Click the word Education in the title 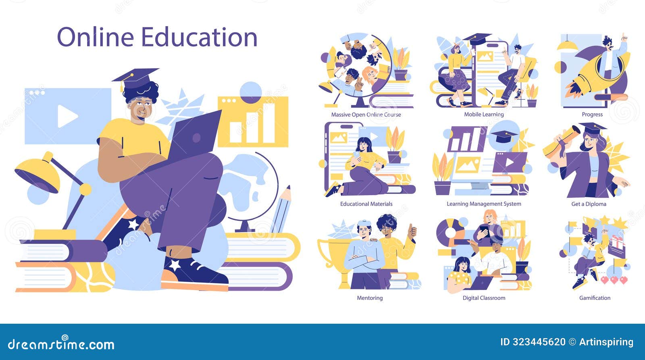coord(199,37)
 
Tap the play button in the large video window coord(67,116)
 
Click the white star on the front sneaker coord(175,264)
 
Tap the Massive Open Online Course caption coord(366,114)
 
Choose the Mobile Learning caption coord(484,114)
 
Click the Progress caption coord(592,114)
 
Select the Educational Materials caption coord(366,204)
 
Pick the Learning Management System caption coord(484,204)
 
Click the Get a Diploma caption coord(589,204)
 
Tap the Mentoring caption coord(370,298)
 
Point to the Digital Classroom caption coord(484,298)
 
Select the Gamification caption coord(595,298)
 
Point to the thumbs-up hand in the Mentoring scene coord(412,232)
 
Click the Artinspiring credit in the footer coord(606,342)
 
